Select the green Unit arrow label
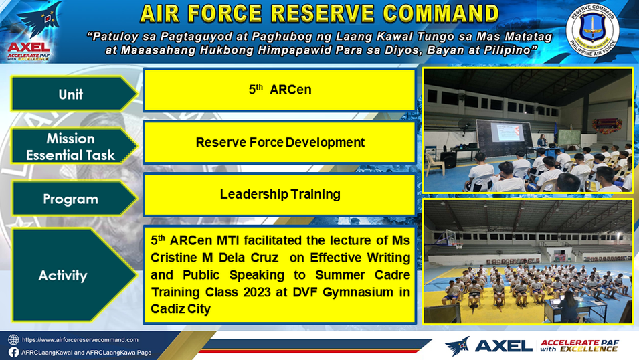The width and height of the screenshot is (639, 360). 74,94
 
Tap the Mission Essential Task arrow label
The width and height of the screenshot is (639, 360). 74,147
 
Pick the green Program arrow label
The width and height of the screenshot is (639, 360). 74,199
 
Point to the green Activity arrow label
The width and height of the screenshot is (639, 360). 74,275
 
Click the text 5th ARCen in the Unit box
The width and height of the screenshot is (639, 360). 280,89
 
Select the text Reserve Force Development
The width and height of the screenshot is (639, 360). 280,142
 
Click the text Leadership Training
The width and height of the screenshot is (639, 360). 280,194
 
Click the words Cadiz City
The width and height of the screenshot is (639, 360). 181,309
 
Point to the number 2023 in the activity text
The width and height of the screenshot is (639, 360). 257,292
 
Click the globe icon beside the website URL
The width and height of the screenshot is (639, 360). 13,340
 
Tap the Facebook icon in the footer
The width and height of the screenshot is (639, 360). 13,352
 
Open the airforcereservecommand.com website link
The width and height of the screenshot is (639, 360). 80,340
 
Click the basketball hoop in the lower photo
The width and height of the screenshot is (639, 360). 458,244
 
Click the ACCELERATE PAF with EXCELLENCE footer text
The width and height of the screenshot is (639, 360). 579,346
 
